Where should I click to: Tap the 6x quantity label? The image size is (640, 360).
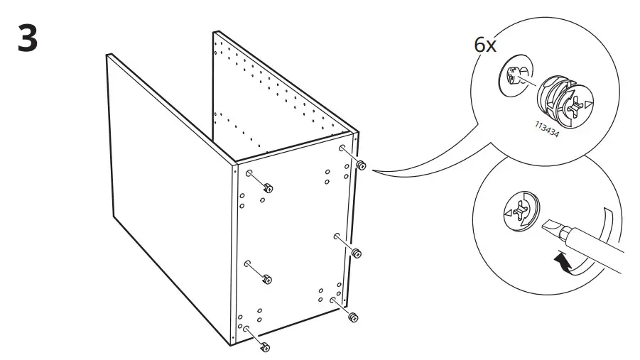point(486,45)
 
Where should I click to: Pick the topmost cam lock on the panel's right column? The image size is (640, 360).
point(361,165)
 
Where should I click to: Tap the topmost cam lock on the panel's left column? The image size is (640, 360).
point(269,187)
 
